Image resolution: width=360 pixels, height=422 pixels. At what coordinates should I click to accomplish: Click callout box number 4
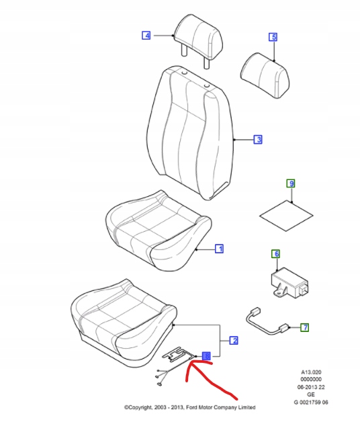146,35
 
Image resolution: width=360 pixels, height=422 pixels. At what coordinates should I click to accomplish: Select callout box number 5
273,37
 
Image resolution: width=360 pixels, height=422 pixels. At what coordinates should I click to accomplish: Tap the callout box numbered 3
258,139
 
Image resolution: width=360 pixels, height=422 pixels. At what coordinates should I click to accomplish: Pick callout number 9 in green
291,183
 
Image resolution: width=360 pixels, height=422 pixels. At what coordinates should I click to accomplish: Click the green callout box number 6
276,254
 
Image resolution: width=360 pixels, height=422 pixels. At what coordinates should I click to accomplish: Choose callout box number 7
304,327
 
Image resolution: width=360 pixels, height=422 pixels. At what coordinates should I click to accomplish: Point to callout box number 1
220,249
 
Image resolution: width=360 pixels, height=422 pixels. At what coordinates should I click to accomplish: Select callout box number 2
234,341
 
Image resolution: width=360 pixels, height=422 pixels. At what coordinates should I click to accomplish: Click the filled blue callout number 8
206,356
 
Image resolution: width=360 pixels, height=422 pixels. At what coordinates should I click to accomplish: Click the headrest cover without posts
265,75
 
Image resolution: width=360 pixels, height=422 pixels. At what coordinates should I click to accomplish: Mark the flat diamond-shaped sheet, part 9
286,215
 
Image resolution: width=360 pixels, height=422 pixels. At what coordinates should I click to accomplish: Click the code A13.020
311,372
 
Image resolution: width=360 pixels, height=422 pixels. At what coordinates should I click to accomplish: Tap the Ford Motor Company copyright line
189,407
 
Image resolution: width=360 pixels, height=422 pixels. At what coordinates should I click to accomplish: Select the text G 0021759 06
311,403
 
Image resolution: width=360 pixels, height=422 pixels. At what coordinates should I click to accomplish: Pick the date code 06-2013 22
311,387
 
